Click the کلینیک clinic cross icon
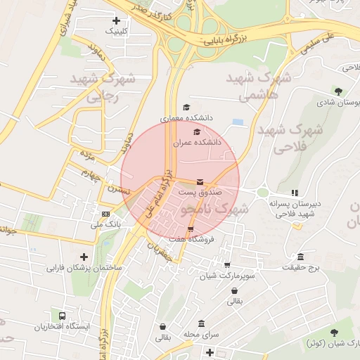click(x=116, y=21)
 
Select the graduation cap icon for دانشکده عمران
click(x=197, y=131)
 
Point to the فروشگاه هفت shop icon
click(x=191, y=230)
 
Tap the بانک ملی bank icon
click(x=105, y=214)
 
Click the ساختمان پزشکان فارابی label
click(x=84, y=268)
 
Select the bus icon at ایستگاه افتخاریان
click(x=63, y=317)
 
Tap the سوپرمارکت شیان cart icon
click(x=226, y=265)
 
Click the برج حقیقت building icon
click(x=301, y=257)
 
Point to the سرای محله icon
click(x=202, y=323)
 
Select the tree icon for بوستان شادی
click(x=338, y=91)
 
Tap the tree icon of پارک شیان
click(x=333, y=332)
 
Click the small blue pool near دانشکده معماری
click(x=238, y=122)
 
